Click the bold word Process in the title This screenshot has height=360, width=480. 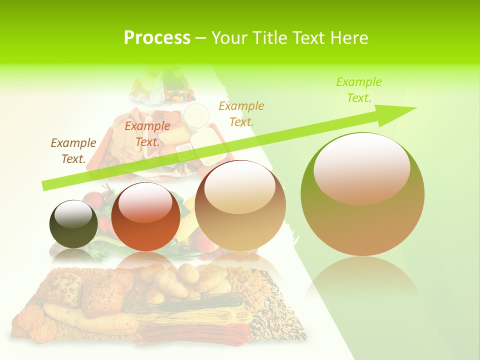tap(157, 38)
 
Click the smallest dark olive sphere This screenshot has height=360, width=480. tap(73, 224)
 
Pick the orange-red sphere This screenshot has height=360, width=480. tap(145, 217)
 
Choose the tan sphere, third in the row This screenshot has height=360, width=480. tap(240, 205)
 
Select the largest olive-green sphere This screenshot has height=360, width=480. tap(362, 194)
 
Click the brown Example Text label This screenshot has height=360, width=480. tap(73, 150)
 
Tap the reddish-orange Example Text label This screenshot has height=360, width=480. tap(147, 133)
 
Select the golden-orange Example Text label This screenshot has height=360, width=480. tap(241, 113)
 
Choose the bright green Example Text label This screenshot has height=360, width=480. tap(359, 89)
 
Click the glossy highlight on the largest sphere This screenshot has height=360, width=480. tap(362, 168)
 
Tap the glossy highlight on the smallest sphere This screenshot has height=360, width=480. tap(73, 214)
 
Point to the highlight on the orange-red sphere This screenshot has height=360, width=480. tap(145, 202)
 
